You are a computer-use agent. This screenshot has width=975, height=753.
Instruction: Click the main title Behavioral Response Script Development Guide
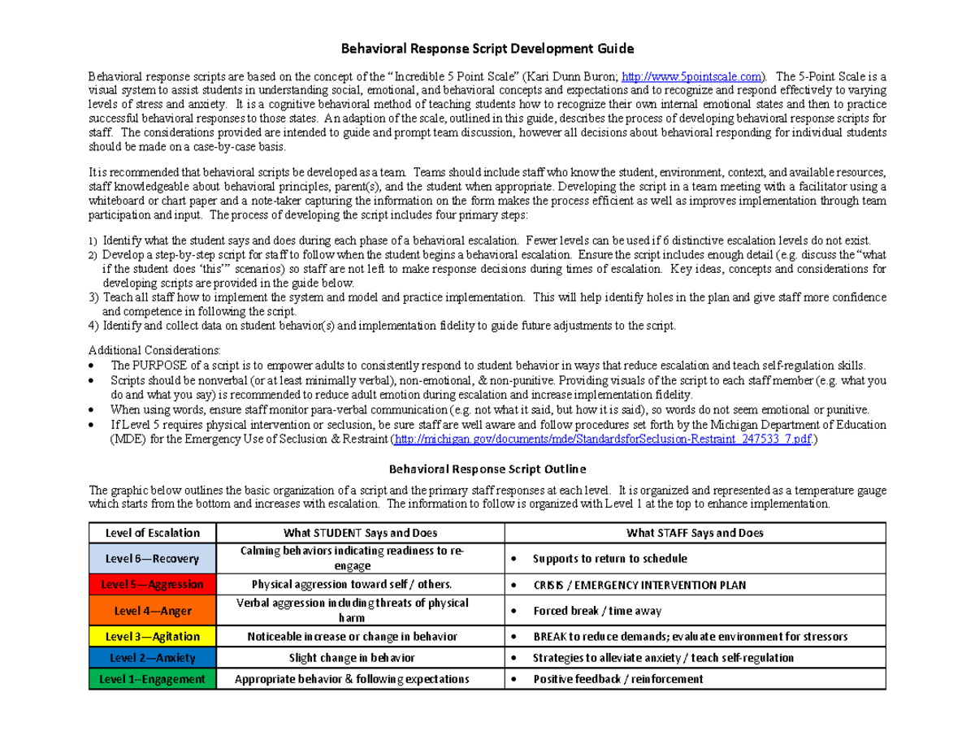pyautogui.click(x=487, y=48)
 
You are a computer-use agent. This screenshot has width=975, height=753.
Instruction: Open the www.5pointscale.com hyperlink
pyautogui.click(x=691, y=76)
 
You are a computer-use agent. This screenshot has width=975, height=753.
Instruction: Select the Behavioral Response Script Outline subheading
pyautogui.click(x=487, y=470)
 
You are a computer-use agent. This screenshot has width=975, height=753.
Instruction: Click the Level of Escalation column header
pyautogui.click(x=152, y=533)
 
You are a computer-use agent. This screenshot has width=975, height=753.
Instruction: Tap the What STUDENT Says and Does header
pyautogui.click(x=360, y=533)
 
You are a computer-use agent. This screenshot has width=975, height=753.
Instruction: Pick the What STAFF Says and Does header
pyautogui.click(x=695, y=533)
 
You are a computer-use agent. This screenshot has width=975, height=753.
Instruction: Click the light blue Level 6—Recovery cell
pyautogui.click(x=152, y=559)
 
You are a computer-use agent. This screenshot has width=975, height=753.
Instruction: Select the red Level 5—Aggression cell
pyautogui.click(x=152, y=584)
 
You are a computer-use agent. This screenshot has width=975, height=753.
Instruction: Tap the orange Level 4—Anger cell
pyautogui.click(x=152, y=610)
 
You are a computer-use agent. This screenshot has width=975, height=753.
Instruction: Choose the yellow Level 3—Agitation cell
pyautogui.click(x=152, y=636)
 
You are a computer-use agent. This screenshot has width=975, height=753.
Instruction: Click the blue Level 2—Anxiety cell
pyautogui.click(x=152, y=657)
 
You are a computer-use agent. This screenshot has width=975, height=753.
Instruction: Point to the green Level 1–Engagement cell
pyautogui.click(x=152, y=679)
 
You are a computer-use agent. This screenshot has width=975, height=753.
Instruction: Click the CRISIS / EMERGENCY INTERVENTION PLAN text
pyautogui.click(x=639, y=585)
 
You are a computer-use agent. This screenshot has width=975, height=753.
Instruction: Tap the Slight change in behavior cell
pyautogui.click(x=360, y=658)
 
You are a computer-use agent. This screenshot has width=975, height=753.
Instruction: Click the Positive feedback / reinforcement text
pyautogui.click(x=618, y=680)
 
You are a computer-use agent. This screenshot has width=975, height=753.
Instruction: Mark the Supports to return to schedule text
pyautogui.click(x=609, y=559)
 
